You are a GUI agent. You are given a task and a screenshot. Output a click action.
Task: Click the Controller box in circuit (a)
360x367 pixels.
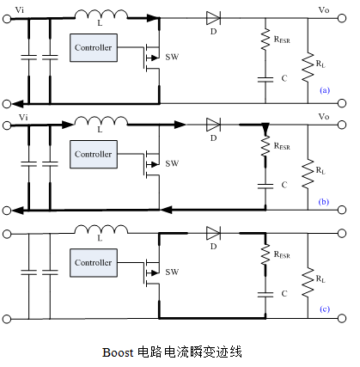click(x=94, y=48)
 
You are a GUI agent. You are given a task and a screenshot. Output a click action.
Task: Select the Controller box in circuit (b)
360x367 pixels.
click(x=94, y=155)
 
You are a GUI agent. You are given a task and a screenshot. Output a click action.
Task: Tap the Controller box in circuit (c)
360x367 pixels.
click(x=94, y=263)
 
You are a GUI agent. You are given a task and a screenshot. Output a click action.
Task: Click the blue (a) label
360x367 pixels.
click(x=325, y=90)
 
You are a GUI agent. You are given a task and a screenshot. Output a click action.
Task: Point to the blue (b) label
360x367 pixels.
click(x=324, y=202)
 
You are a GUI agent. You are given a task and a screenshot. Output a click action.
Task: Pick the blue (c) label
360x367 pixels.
click(x=325, y=309)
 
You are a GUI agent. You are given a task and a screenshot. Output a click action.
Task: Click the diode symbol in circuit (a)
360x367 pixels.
click(x=213, y=18)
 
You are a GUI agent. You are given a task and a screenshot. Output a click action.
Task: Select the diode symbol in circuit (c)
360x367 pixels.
click(x=213, y=233)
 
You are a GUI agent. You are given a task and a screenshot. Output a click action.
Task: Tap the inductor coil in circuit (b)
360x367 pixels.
click(x=101, y=121)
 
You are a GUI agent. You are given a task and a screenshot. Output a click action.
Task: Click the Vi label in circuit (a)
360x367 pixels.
click(x=20, y=10)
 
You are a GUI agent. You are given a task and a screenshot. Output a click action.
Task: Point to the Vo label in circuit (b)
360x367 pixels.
click(x=324, y=117)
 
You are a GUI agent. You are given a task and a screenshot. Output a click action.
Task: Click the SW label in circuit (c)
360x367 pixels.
click(x=172, y=272)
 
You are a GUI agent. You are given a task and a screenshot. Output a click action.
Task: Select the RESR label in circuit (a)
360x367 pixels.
click(x=282, y=40)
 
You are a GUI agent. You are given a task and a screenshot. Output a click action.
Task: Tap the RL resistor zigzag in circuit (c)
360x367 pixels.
click(x=308, y=282)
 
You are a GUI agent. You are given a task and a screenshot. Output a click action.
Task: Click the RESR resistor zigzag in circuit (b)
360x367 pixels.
click(x=265, y=146)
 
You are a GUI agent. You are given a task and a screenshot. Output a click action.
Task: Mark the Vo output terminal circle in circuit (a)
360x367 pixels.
click(x=342, y=18)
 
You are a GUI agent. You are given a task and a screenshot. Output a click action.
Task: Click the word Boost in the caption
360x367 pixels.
click(x=118, y=352)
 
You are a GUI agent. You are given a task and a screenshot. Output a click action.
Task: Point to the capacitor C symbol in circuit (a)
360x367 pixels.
click(x=265, y=80)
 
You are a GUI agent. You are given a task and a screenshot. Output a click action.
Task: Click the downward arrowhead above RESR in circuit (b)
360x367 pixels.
click(x=265, y=128)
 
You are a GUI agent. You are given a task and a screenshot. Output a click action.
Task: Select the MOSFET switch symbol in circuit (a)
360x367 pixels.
click(x=151, y=58)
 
